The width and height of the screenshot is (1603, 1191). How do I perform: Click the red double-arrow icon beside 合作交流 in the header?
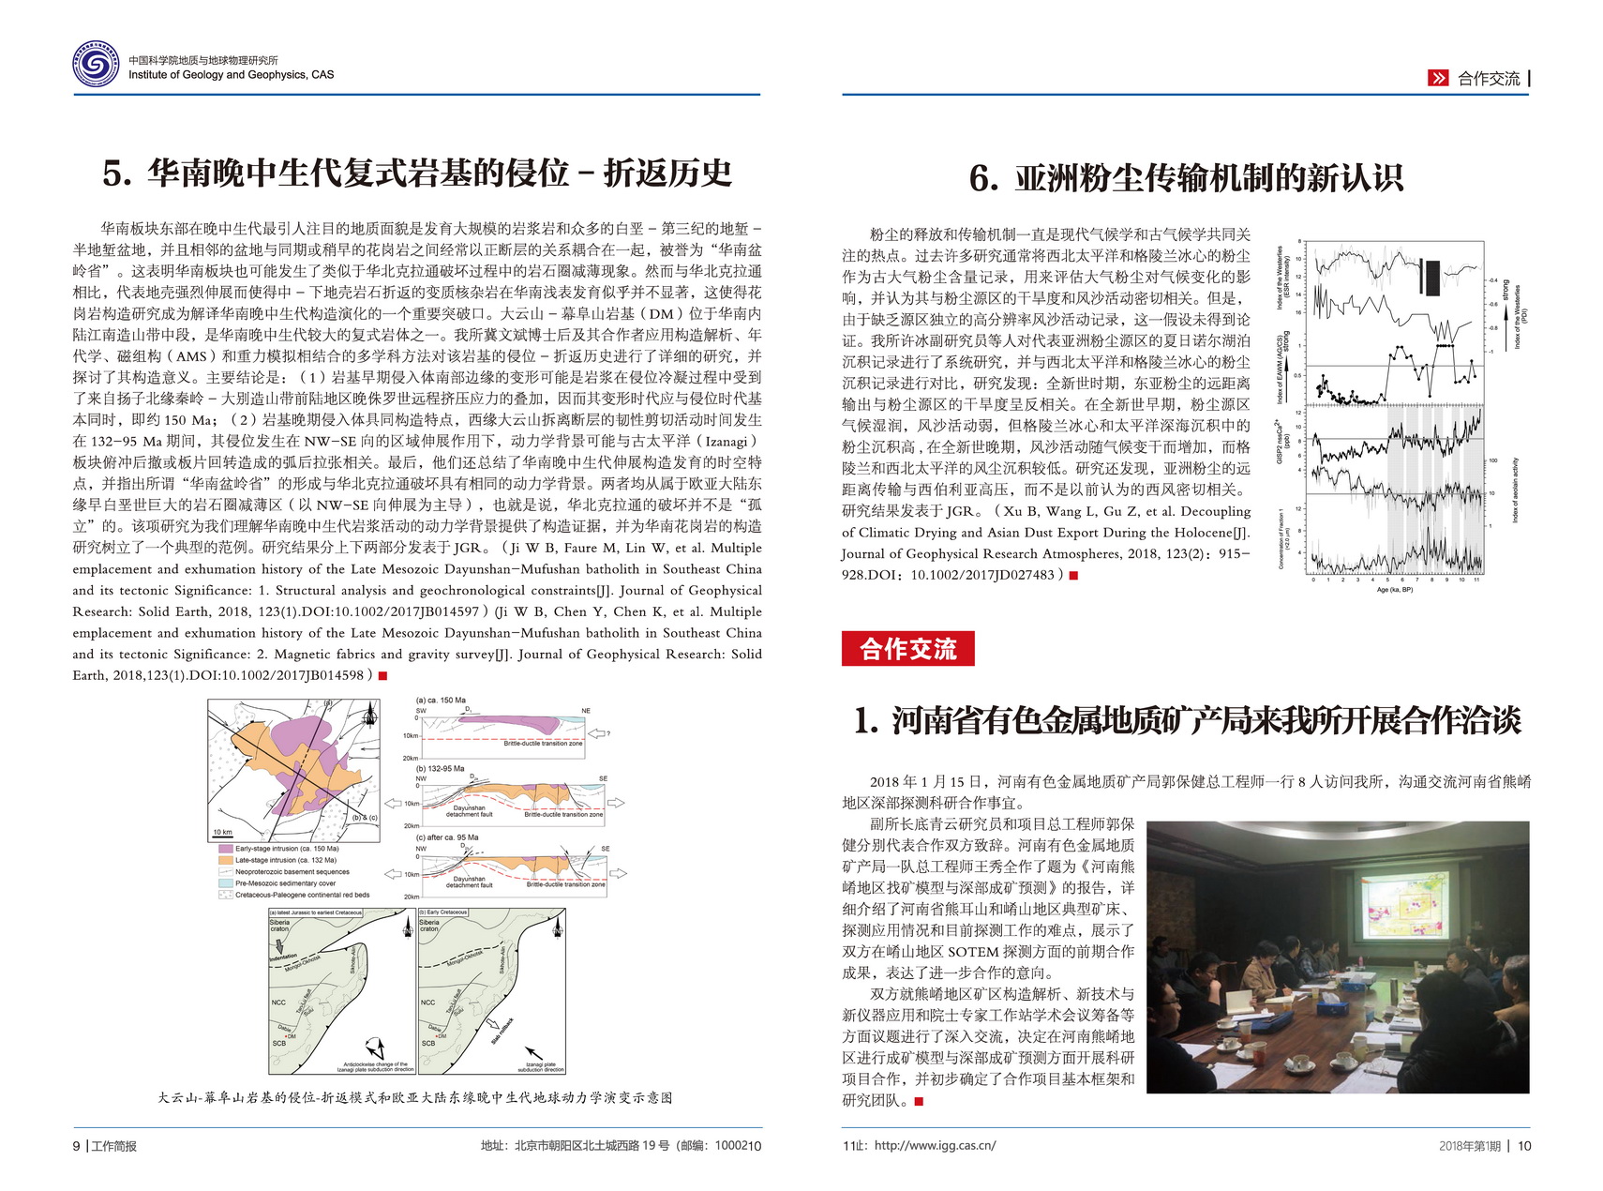pyautogui.click(x=1437, y=79)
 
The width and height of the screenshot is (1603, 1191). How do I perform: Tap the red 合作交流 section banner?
pyautogui.click(x=907, y=649)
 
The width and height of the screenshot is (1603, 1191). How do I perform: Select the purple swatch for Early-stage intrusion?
pyautogui.click(x=225, y=849)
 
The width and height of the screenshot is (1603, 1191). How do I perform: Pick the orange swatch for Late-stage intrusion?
pyautogui.click(x=225, y=860)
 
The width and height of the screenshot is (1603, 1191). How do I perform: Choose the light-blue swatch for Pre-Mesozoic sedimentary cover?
pyautogui.click(x=225, y=883)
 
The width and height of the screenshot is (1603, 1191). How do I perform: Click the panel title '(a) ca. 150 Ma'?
pyautogui.click(x=441, y=701)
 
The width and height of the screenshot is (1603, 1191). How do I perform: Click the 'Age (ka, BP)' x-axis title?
pyautogui.click(x=1394, y=590)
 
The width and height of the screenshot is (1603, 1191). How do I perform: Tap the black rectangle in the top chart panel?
pyautogui.click(x=1431, y=277)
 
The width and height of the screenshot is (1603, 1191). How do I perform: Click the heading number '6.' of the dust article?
pyautogui.click(x=983, y=178)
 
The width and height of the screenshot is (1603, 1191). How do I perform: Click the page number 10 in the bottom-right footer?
pyautogui.click(x=1523, y=1146)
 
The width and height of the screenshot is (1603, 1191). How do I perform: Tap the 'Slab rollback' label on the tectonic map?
pyautogui.click(x=502, y=1031)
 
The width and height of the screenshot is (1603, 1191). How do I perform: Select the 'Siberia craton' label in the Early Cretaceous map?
pyautogui.click(x=429, y=926)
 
